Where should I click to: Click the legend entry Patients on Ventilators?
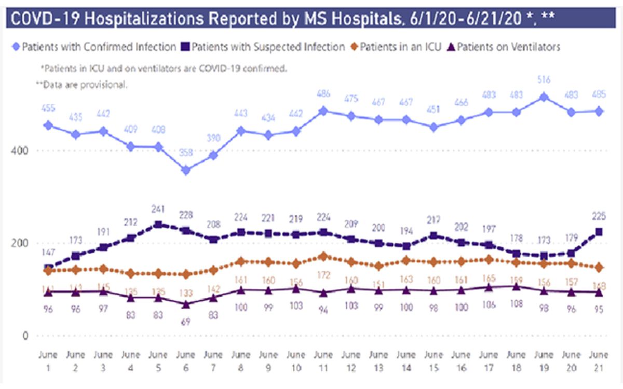pyautogui.click(x=506, y=47)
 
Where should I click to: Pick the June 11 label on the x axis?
pyautogui.click(x=323, y=360)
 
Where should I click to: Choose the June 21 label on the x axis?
pyautogui.click(x=598, y=360)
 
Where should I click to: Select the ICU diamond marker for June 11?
pyautogui.click(x=323, y=256)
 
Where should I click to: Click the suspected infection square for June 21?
pyautogui.click(x=599, y=232)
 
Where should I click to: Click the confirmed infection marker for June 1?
pyautogui.click(x=48, y=125)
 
